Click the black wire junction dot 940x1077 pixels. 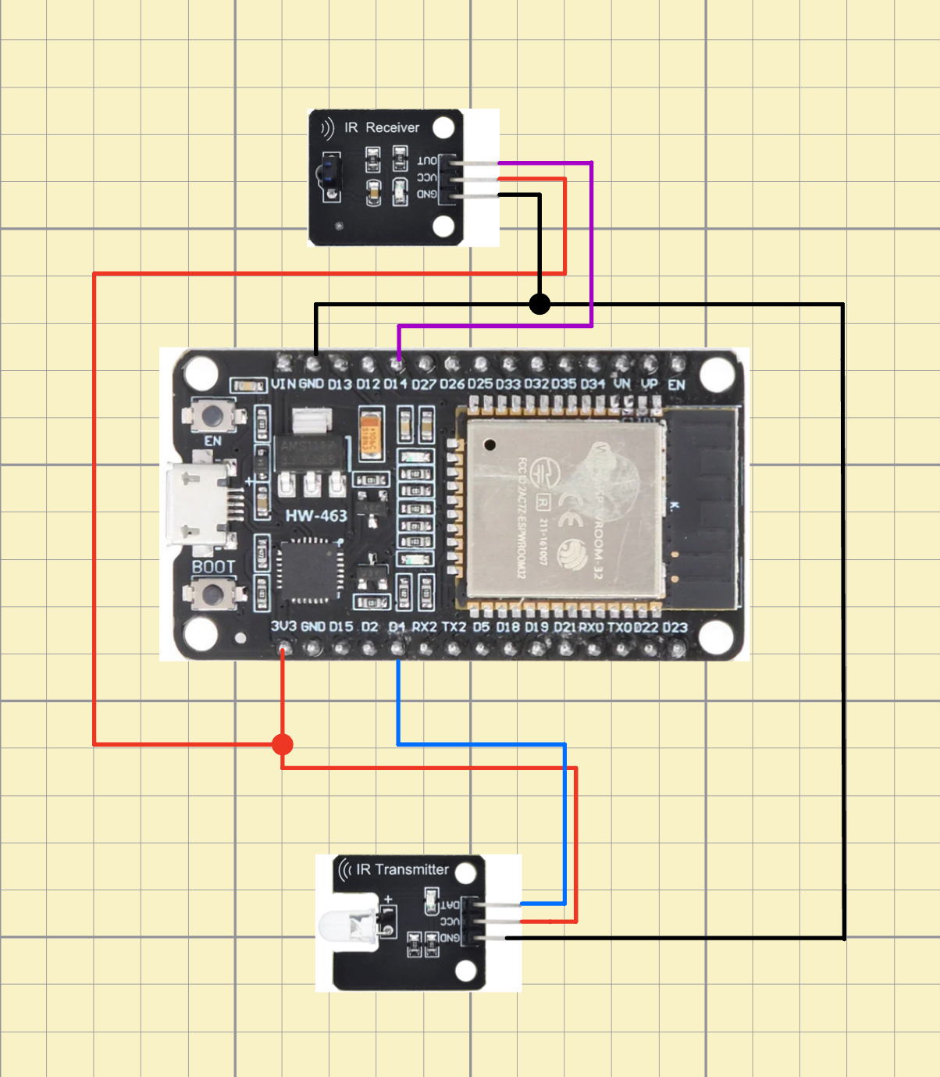point(539,304)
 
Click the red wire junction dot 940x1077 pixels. point(283,744)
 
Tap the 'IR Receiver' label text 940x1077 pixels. point(382,127)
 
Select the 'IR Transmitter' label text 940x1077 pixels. point(402,869)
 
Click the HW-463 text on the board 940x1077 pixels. point(316,515)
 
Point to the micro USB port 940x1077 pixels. point(197,506)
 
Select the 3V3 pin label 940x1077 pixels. point(283,626)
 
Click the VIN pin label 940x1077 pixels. point(283,383)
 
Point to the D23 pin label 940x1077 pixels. point(675,627)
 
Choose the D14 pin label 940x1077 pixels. point(395,383)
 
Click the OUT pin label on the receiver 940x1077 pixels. point(427,161)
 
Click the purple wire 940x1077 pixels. point(592,242)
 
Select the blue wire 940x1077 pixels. point(480,744)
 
